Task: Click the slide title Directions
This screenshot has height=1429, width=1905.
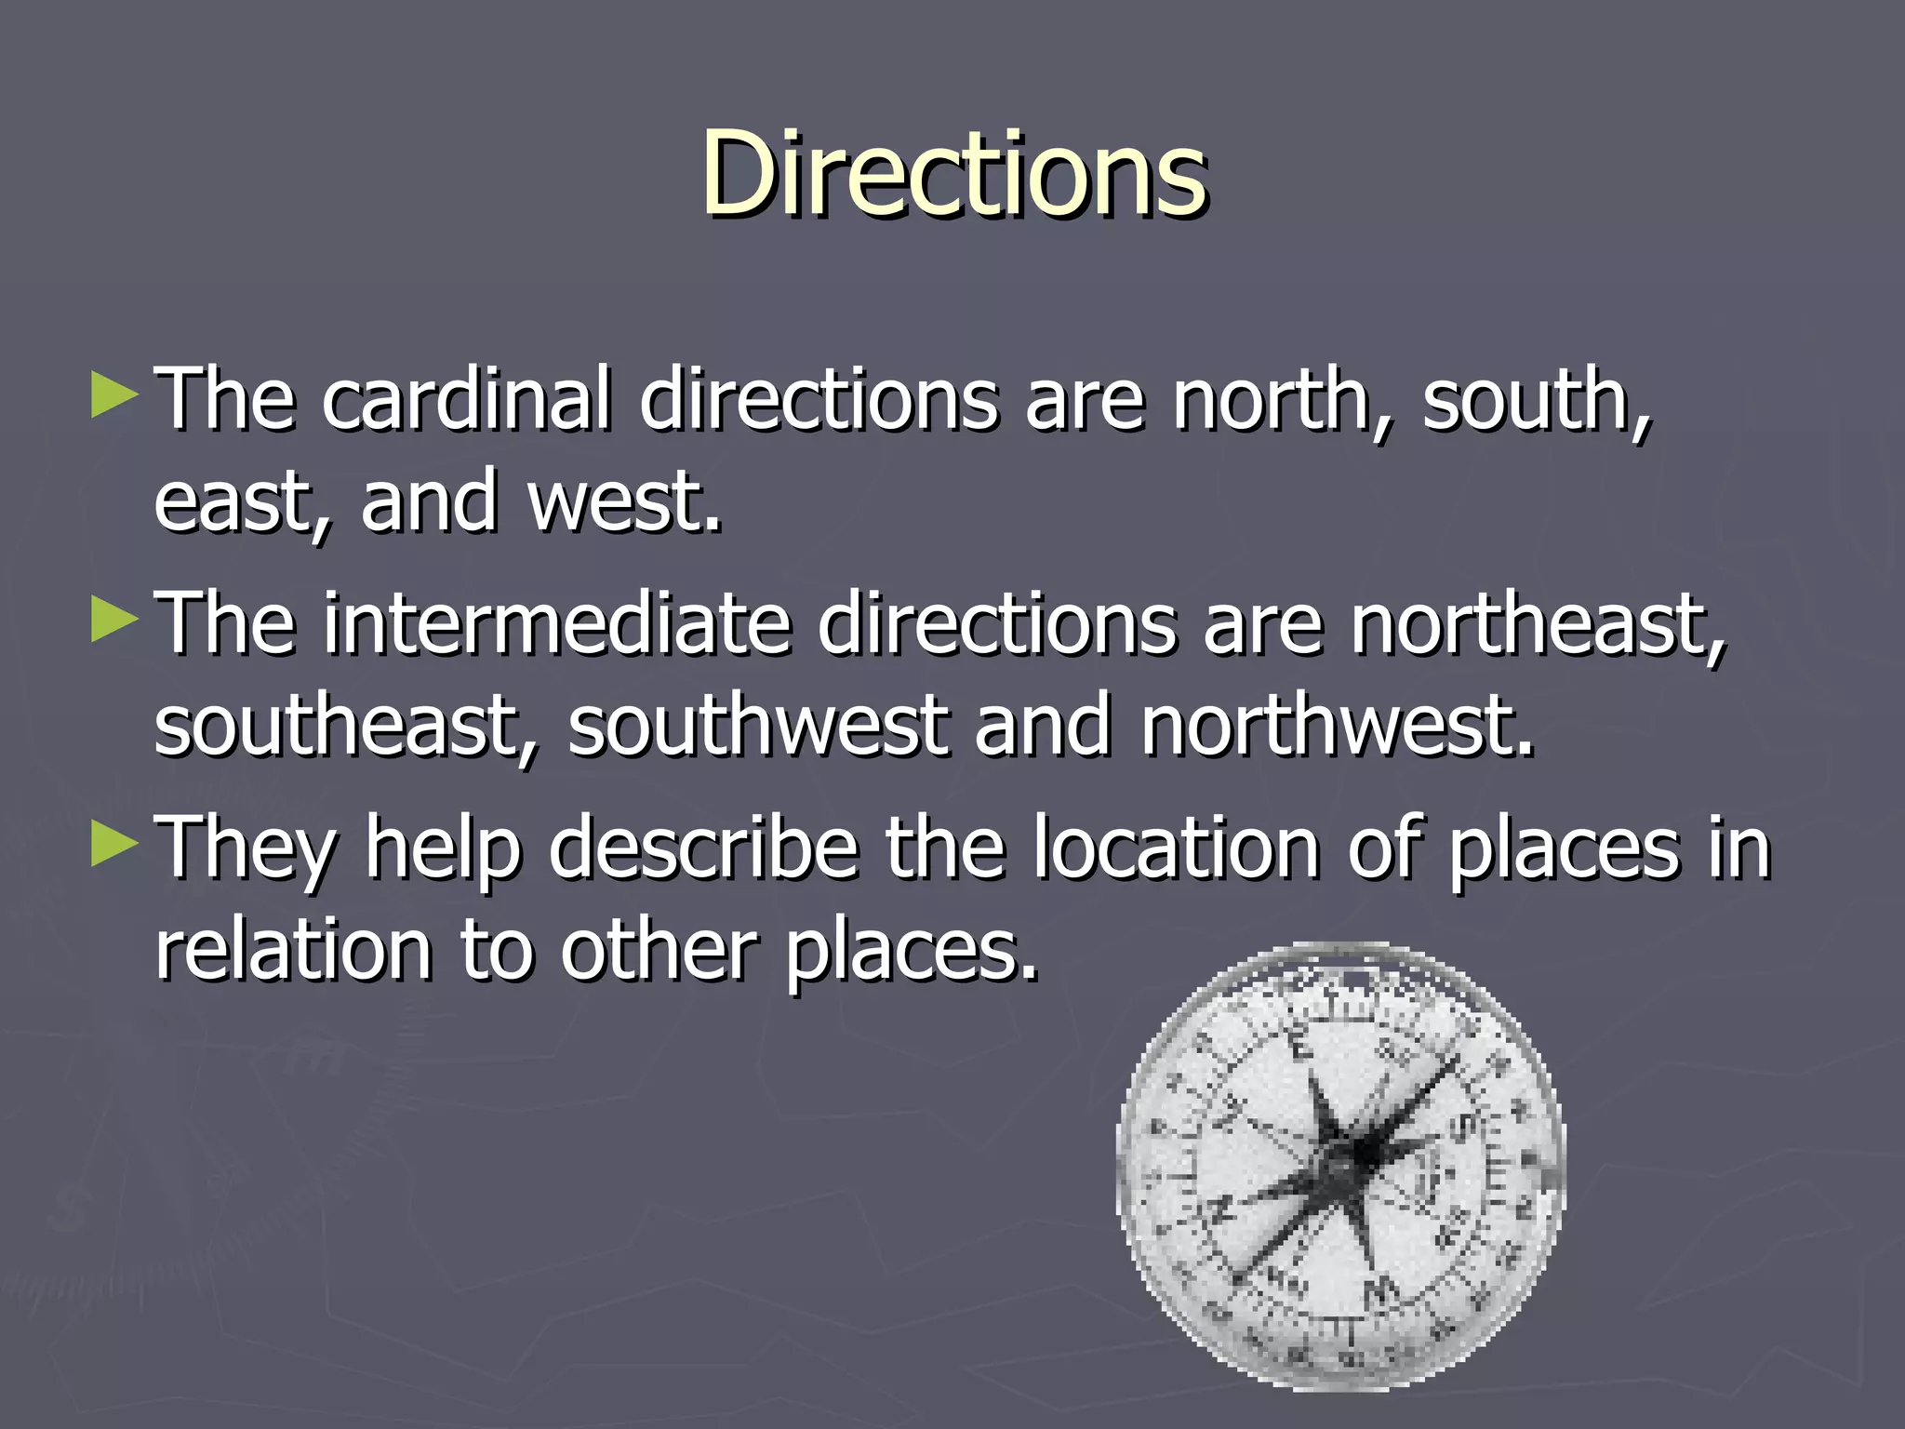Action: [954, 174]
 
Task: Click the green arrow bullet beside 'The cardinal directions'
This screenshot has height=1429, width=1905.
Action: [114, 395]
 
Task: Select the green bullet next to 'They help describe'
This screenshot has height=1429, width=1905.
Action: [114, 845]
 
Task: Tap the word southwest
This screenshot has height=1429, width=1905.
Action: [757, 726]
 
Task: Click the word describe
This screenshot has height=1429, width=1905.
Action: [703, 848]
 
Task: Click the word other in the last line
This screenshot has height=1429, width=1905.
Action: [659, 951]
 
